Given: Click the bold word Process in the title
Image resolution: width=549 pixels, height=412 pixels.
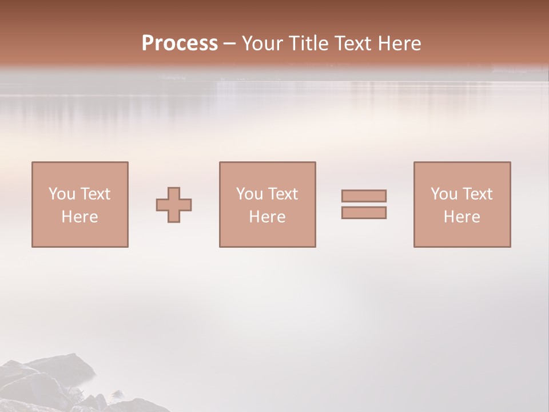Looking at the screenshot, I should tap(180, 43).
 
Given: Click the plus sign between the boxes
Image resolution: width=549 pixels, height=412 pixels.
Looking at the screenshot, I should tap(174, 205).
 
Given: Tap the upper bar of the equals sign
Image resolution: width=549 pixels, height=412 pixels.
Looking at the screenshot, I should tap(364, 196).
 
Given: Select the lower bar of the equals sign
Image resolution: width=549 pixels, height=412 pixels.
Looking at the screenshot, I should tap(364, 213).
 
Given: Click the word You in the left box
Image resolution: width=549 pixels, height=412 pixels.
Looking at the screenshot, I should tap(62, 194).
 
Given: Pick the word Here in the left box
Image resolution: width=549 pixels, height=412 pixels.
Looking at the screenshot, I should tap(79, 217).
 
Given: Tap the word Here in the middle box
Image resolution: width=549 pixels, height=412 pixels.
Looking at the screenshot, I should tap(267, 217).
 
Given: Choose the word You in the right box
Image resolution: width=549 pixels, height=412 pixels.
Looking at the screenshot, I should tap(444, 194).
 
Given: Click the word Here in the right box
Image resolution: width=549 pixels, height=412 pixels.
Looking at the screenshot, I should tap(462, 217).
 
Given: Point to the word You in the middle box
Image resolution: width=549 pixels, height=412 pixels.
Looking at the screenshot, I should tap(249, 194).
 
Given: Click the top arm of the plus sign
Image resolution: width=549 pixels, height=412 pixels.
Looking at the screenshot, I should tap(174, 193).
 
